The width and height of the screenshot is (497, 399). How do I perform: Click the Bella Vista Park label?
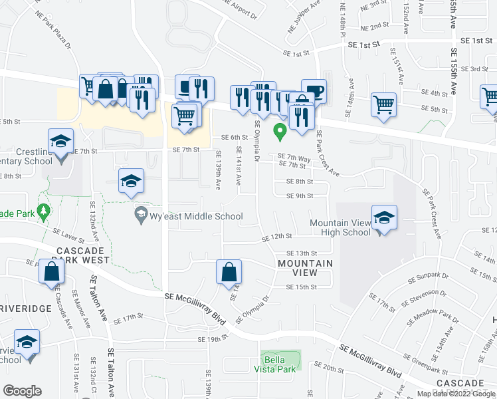tap(280, 364)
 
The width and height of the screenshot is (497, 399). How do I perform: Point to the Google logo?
tap(23, 391)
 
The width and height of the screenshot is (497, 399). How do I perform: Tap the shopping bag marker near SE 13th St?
tap(228, 271)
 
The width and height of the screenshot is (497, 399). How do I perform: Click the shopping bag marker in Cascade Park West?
tap(50, 271)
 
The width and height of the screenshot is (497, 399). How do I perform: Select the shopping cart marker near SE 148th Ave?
tap(383, 103)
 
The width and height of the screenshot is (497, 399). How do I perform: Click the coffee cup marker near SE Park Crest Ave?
tap(314, 90)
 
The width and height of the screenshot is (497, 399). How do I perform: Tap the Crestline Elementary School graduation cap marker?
tap(60, 142)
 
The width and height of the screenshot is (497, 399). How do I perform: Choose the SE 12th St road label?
tap(277, 237)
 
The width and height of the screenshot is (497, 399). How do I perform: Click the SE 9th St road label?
tap(299, 196)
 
